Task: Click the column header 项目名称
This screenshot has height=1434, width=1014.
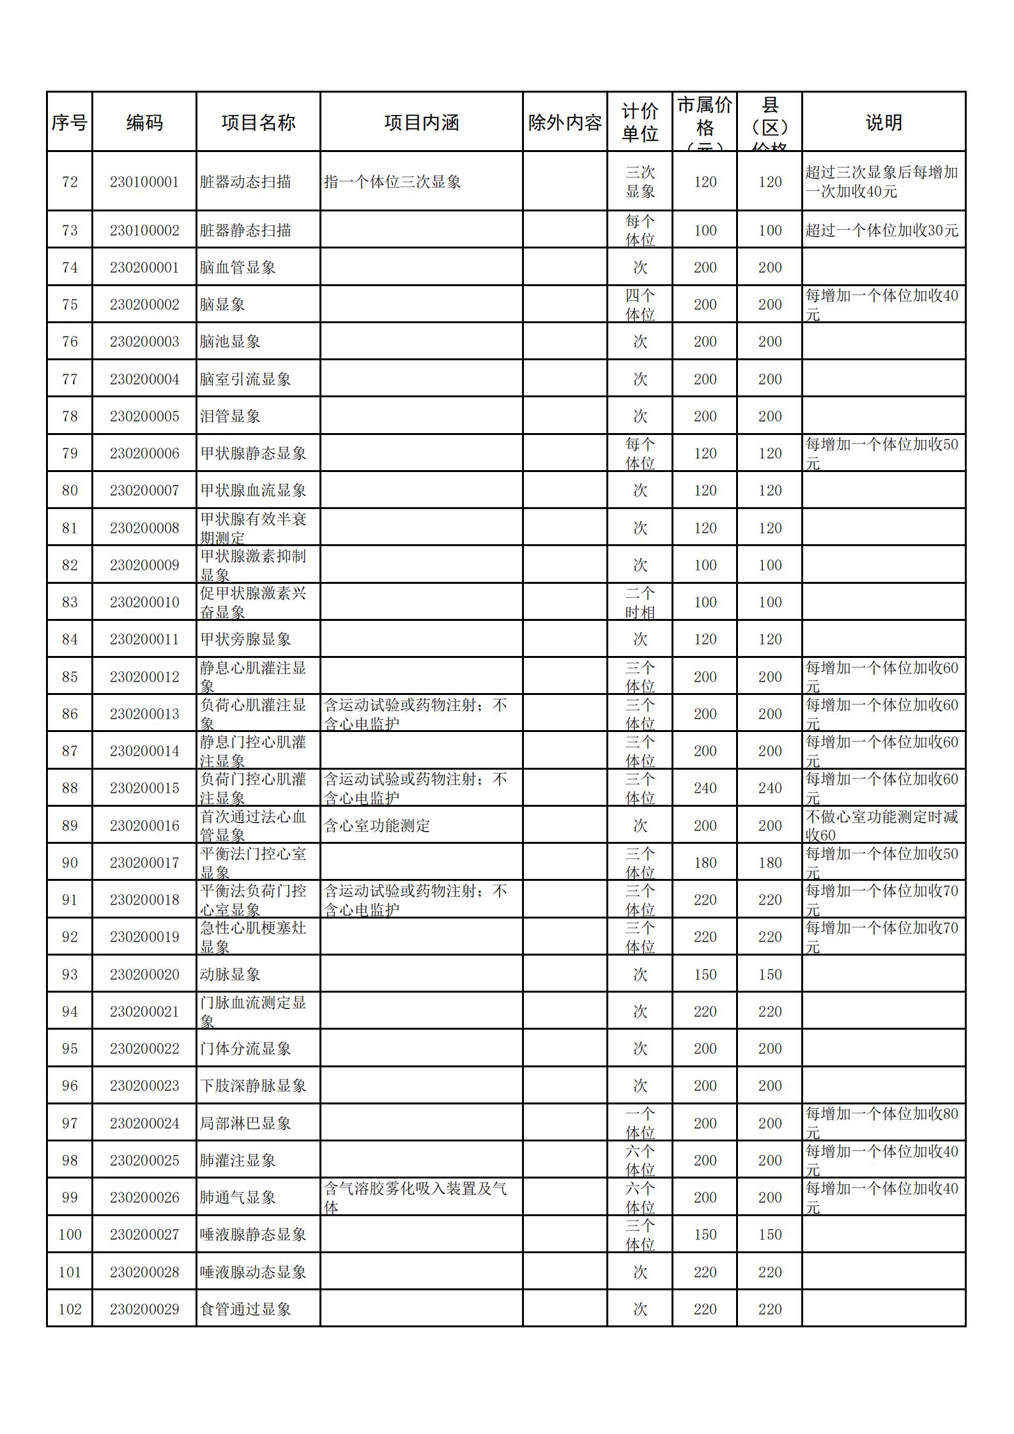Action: click(258, 123)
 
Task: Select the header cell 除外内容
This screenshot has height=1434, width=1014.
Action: click(565, 123)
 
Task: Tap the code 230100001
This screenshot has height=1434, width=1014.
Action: click(144, 182)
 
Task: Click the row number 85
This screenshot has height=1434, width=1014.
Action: click(70, 676)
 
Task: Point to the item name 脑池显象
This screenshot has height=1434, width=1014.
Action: click(230, 342)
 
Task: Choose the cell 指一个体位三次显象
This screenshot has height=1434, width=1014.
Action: click(392, 182)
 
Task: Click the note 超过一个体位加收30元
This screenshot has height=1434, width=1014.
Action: click(882, 231)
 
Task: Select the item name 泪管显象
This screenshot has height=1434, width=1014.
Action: click(230, 416)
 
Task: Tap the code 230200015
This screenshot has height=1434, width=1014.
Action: click(144, 788)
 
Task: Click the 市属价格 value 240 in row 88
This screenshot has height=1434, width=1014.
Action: click(705, 788)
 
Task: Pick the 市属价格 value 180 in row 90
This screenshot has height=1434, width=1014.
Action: click(705, 863)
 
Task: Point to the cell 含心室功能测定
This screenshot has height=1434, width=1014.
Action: click(377, 826)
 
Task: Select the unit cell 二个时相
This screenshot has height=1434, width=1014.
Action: click(640, 602)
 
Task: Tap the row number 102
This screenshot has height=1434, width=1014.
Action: click(70, 1309)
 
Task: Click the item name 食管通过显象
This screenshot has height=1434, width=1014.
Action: click(245, 1309)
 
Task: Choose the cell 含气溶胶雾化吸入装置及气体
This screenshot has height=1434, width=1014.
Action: click(415, 1198)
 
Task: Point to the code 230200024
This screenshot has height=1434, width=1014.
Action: click(144, 1124)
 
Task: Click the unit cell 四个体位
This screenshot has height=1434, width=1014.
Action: click(640, 305)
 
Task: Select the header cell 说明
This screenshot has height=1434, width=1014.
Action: click(884, 123)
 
